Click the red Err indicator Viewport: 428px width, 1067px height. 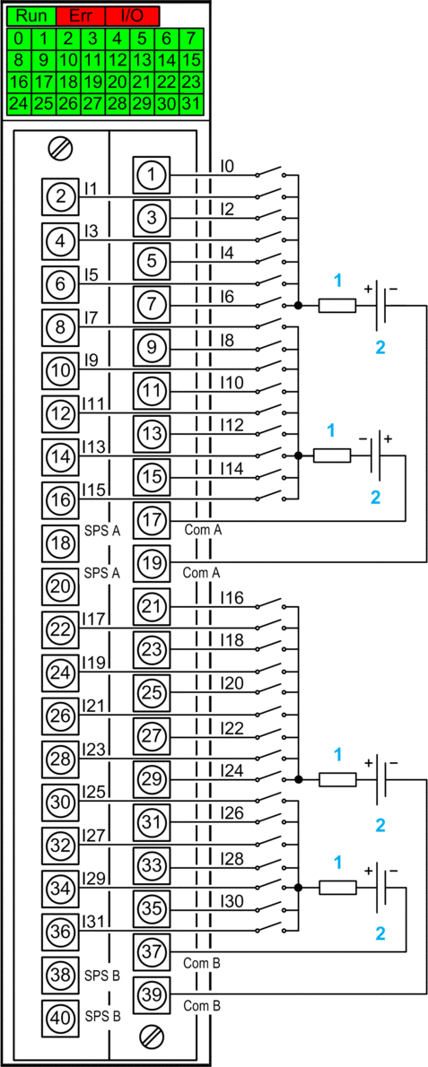81,15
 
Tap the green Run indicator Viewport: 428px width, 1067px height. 32,15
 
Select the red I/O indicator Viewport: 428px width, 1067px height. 133,15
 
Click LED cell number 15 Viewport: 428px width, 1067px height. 191,61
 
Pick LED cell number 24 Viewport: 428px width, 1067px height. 19,104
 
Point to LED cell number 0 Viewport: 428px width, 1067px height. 19,38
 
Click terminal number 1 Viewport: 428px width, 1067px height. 151,175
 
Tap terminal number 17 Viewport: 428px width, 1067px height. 151,521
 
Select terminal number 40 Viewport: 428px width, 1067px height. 60,1019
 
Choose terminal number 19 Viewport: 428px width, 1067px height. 151,563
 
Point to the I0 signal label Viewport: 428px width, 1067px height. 227,165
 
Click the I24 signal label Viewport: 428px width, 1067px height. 231,771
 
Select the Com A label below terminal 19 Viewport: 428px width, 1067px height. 202,574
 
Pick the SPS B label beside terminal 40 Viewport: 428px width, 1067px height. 103,1017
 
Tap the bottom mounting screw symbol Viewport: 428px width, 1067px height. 151,1037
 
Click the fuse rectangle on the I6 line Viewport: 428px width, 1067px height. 336,307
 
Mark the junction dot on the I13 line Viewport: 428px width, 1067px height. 297,455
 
